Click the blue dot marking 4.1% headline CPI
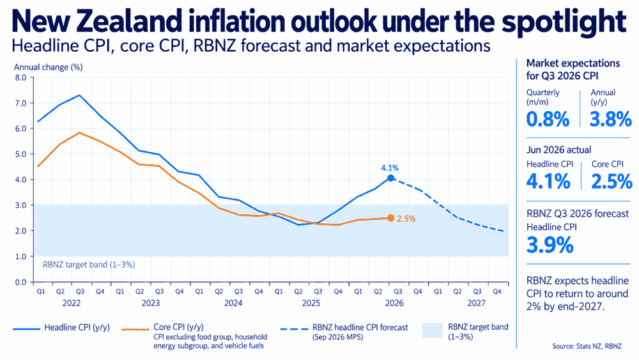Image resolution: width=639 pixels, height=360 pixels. tap(390, 178)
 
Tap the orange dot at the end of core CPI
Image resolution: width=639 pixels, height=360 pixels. tap(390, 218)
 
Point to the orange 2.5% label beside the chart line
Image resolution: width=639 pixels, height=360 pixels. tap(406, 219)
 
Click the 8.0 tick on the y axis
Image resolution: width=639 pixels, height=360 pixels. tap(20, 77)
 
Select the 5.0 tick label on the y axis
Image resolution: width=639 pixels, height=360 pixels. tap(20, 154)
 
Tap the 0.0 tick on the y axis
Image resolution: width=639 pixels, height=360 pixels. tap(20, 282)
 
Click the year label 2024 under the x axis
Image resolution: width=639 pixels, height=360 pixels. tap(233, 303)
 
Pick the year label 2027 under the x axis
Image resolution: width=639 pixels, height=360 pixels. tap(477, 303)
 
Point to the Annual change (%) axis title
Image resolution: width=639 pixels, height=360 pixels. tap(48, 67)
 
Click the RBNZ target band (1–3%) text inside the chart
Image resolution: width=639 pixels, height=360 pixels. tap(89, 265)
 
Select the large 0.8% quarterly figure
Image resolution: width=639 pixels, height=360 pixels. tap(548, 119)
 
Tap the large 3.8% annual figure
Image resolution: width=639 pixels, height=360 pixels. tap(610, 119)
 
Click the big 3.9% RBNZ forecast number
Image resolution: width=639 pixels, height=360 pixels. tap(550, 245)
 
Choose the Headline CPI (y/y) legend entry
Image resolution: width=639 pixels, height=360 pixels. tap(61, 327)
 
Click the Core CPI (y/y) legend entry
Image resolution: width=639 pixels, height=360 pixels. tap(163, 327)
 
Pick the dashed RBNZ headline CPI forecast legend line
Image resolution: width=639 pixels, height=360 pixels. tap(294, 329)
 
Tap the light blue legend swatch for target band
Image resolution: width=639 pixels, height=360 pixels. tap(432, 330)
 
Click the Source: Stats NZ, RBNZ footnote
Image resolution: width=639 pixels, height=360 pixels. tap(587, 346)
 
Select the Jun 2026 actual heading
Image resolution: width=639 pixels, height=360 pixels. tap(558, 150)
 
